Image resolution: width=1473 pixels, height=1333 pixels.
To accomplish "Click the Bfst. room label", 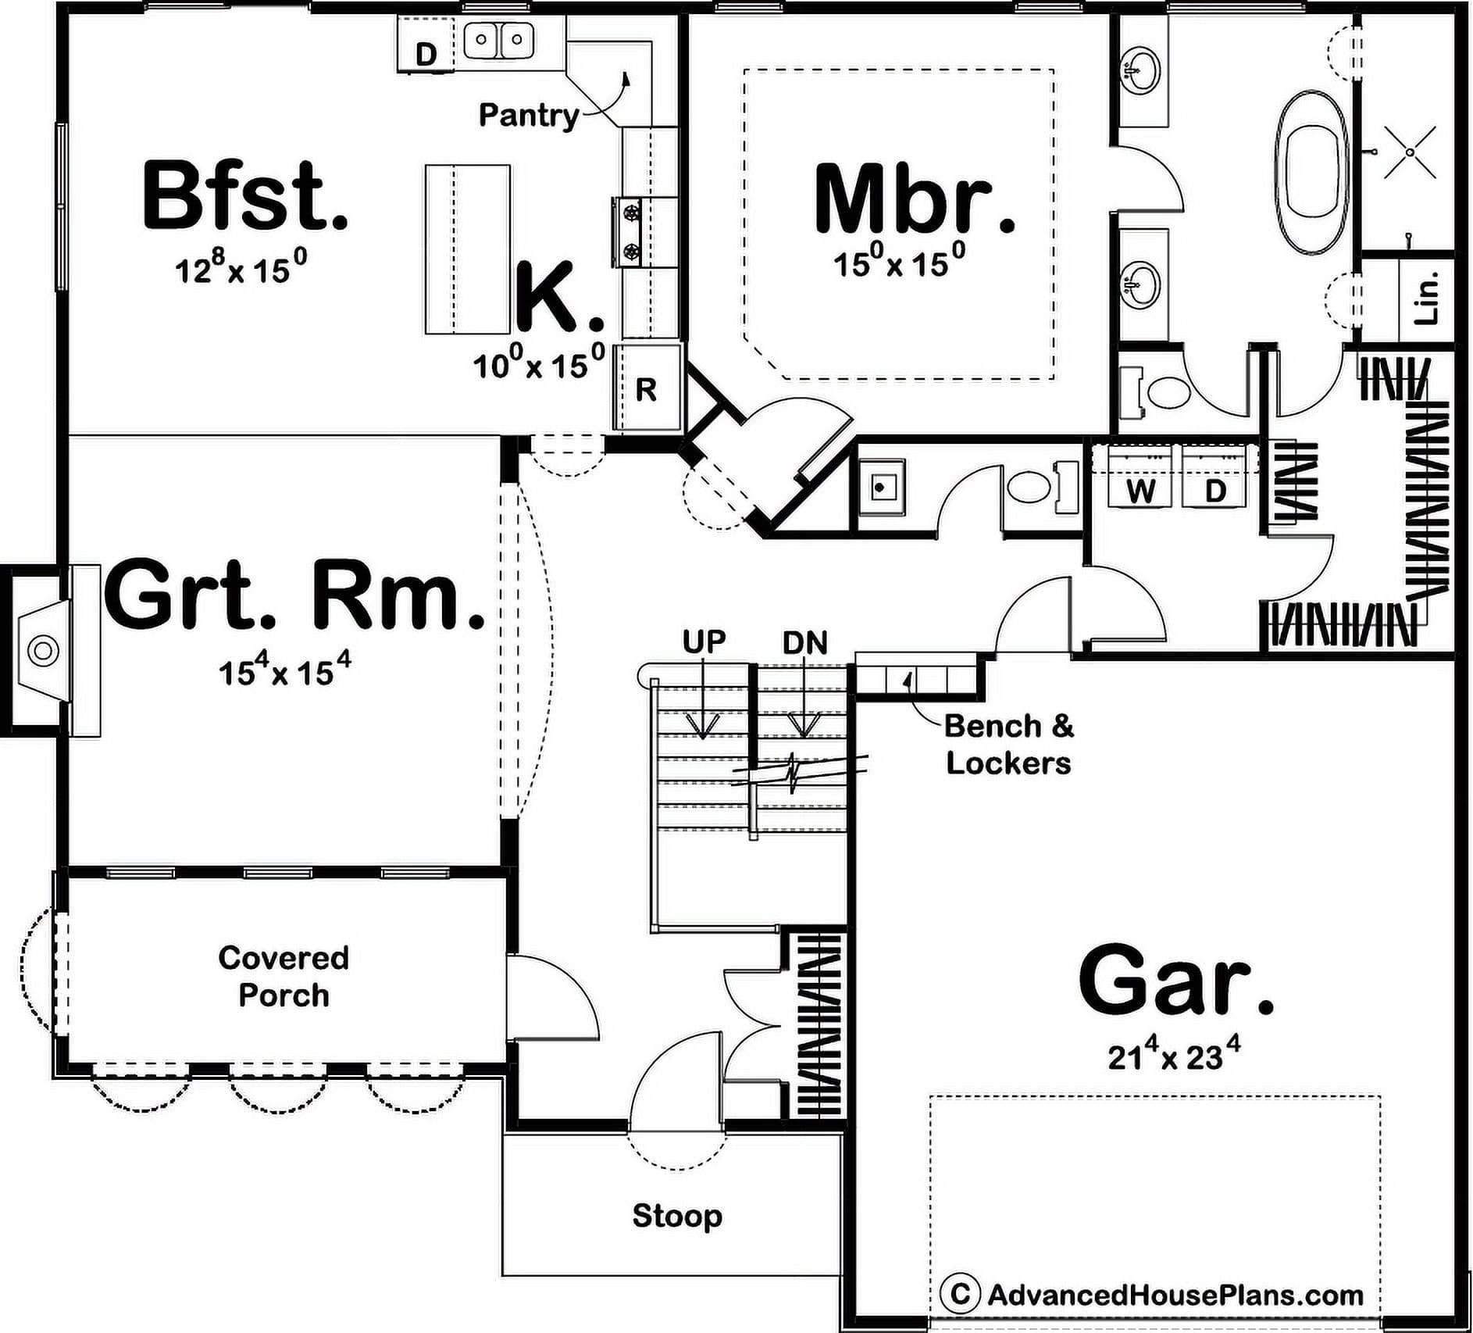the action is click(245, 195).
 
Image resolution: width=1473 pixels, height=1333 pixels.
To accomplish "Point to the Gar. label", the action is click(1176, 978).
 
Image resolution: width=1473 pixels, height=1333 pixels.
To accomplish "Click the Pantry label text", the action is click(529, 116).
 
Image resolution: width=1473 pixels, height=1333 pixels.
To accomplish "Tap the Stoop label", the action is click(677, 1216).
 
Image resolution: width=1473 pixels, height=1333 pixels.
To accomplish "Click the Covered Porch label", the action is click(284, 977).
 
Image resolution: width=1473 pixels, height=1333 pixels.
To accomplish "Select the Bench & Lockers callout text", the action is click(1009, 745).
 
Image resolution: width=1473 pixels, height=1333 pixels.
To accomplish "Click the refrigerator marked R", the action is click(646, 387).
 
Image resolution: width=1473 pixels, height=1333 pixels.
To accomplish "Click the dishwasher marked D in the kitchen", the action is click(426, 46).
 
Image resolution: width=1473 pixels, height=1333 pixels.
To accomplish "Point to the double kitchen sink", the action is click(499, 39).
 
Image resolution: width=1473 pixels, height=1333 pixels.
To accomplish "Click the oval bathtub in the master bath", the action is click(1311, 173).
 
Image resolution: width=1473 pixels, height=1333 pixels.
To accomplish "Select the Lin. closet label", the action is click(1426, 298).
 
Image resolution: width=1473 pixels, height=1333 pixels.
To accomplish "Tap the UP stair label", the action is click(704, 641).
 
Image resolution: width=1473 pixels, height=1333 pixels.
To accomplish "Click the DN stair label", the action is click(805, 643).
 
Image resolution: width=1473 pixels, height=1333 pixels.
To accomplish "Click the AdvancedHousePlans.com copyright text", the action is click(1152, 1295).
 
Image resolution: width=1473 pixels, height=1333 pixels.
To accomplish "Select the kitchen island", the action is click(468, 249).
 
